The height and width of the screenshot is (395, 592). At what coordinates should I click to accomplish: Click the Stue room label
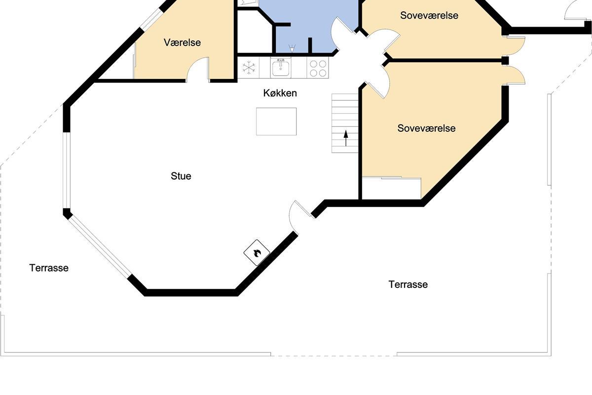[x=181, y=176]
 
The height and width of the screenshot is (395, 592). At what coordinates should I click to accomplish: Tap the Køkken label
[x=280, y=93]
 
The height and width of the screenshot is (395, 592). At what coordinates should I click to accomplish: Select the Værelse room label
[x=183, y=42]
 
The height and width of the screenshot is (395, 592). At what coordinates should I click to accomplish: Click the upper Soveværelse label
[x=429, y=15]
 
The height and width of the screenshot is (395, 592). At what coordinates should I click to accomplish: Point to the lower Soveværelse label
[x=427, y=128]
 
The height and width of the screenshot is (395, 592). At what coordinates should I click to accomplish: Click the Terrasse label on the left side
[x=49, y=268]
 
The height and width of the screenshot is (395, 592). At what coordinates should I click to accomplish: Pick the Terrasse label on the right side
[x=408, y=284]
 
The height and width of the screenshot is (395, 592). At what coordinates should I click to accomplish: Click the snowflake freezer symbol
[x=249, y=68]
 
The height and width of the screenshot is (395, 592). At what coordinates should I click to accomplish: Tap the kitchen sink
[x=281, y=68]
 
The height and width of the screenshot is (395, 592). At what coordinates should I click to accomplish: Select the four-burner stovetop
[x=318, y=68]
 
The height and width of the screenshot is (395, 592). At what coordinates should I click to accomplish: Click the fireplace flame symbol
[x=257, y=253]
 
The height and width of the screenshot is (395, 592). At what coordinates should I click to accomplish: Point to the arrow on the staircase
[x=346, y=138]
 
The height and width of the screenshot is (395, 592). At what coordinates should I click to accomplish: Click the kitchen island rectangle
[x=276, y=121]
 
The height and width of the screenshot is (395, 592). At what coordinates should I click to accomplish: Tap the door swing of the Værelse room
[x=198, y=69]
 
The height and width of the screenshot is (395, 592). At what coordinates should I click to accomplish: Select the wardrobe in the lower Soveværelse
[x=391, y=188]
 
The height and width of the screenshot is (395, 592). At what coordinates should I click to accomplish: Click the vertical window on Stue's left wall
[x=67, y=170]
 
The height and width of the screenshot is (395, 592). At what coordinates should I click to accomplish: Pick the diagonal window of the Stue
[x=100, y=247]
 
